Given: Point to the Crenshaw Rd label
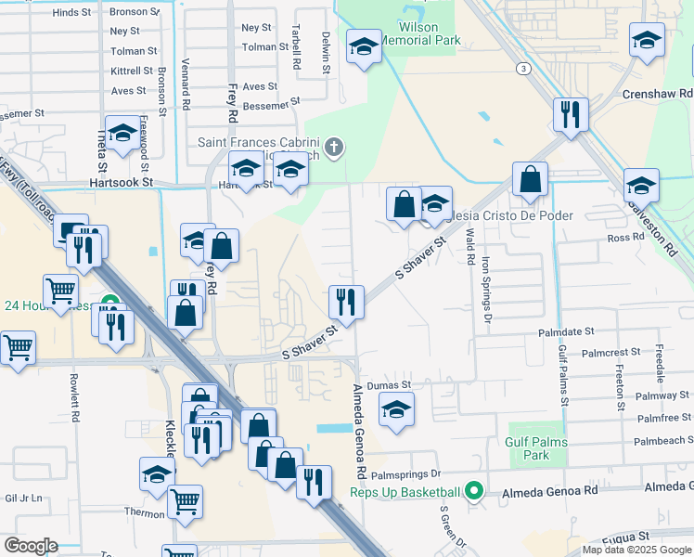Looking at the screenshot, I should (x=657, y=94).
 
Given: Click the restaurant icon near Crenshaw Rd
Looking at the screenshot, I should (x=570, y=115).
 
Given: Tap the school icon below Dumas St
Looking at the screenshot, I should (x=397, y=409).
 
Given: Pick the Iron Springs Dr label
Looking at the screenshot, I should (x=485, y=286).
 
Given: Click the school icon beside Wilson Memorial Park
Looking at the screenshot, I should (x=364, y=46).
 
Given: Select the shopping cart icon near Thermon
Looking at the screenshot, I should (x=186, y=502).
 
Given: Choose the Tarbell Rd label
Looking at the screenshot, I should (x=296, y=48).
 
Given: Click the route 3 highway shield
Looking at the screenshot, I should (x=525, y=68).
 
